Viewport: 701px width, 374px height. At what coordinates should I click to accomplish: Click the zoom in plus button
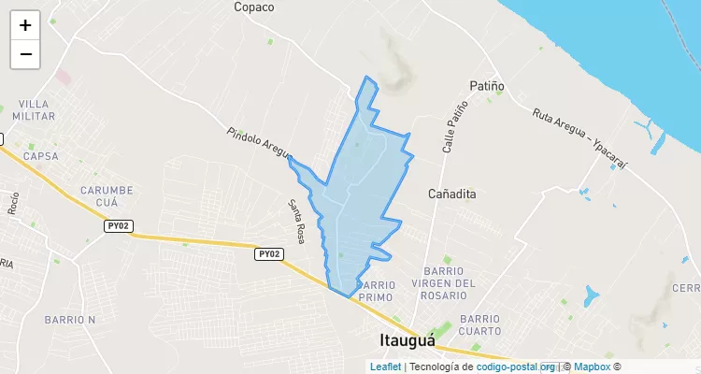point(25,25)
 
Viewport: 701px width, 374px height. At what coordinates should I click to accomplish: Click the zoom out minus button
point(25,54)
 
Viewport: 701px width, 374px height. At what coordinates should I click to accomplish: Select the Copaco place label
point(254,7)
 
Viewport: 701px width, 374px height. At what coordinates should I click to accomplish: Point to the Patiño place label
point(487,86)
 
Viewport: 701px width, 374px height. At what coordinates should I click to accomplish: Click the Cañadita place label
point(452,194)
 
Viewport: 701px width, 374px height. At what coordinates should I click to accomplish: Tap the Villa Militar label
point(35,109)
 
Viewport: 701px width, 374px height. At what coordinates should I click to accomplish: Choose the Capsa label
point(40,156)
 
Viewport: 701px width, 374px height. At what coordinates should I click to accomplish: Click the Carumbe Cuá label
point(107,195)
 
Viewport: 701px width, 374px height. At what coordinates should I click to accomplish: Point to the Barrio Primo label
point(377,291)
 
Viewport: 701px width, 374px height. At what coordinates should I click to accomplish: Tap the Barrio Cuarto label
point(479,324)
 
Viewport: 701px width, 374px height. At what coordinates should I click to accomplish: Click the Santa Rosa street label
point(296,222)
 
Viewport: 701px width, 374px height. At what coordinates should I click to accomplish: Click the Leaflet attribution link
point(385,367)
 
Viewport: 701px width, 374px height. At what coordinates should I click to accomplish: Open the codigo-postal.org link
point(516,367)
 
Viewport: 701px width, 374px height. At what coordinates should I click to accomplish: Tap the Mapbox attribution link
point(592,367)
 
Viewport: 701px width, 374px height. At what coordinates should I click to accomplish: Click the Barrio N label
point(70,320)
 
